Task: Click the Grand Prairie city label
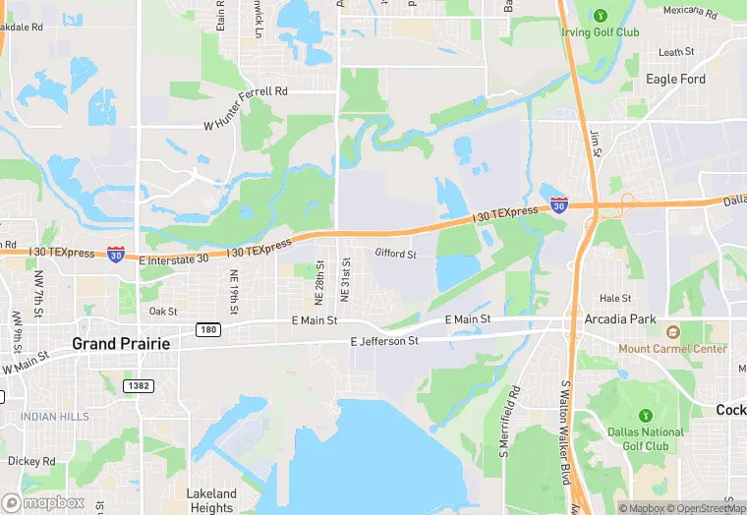[121, 344]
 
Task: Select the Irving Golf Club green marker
[600, 14]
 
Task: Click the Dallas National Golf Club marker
[645, 416]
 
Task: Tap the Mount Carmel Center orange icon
[673, 332]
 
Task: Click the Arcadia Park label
[620, 319]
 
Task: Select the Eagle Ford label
[675, 79]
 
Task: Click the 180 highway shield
[206, 329]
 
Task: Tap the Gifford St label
[396, 254]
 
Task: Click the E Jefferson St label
[384, 341]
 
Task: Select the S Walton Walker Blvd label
[566, 420]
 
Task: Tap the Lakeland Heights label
[211, 500]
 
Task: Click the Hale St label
[614, 298]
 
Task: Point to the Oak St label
[163, 312]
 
